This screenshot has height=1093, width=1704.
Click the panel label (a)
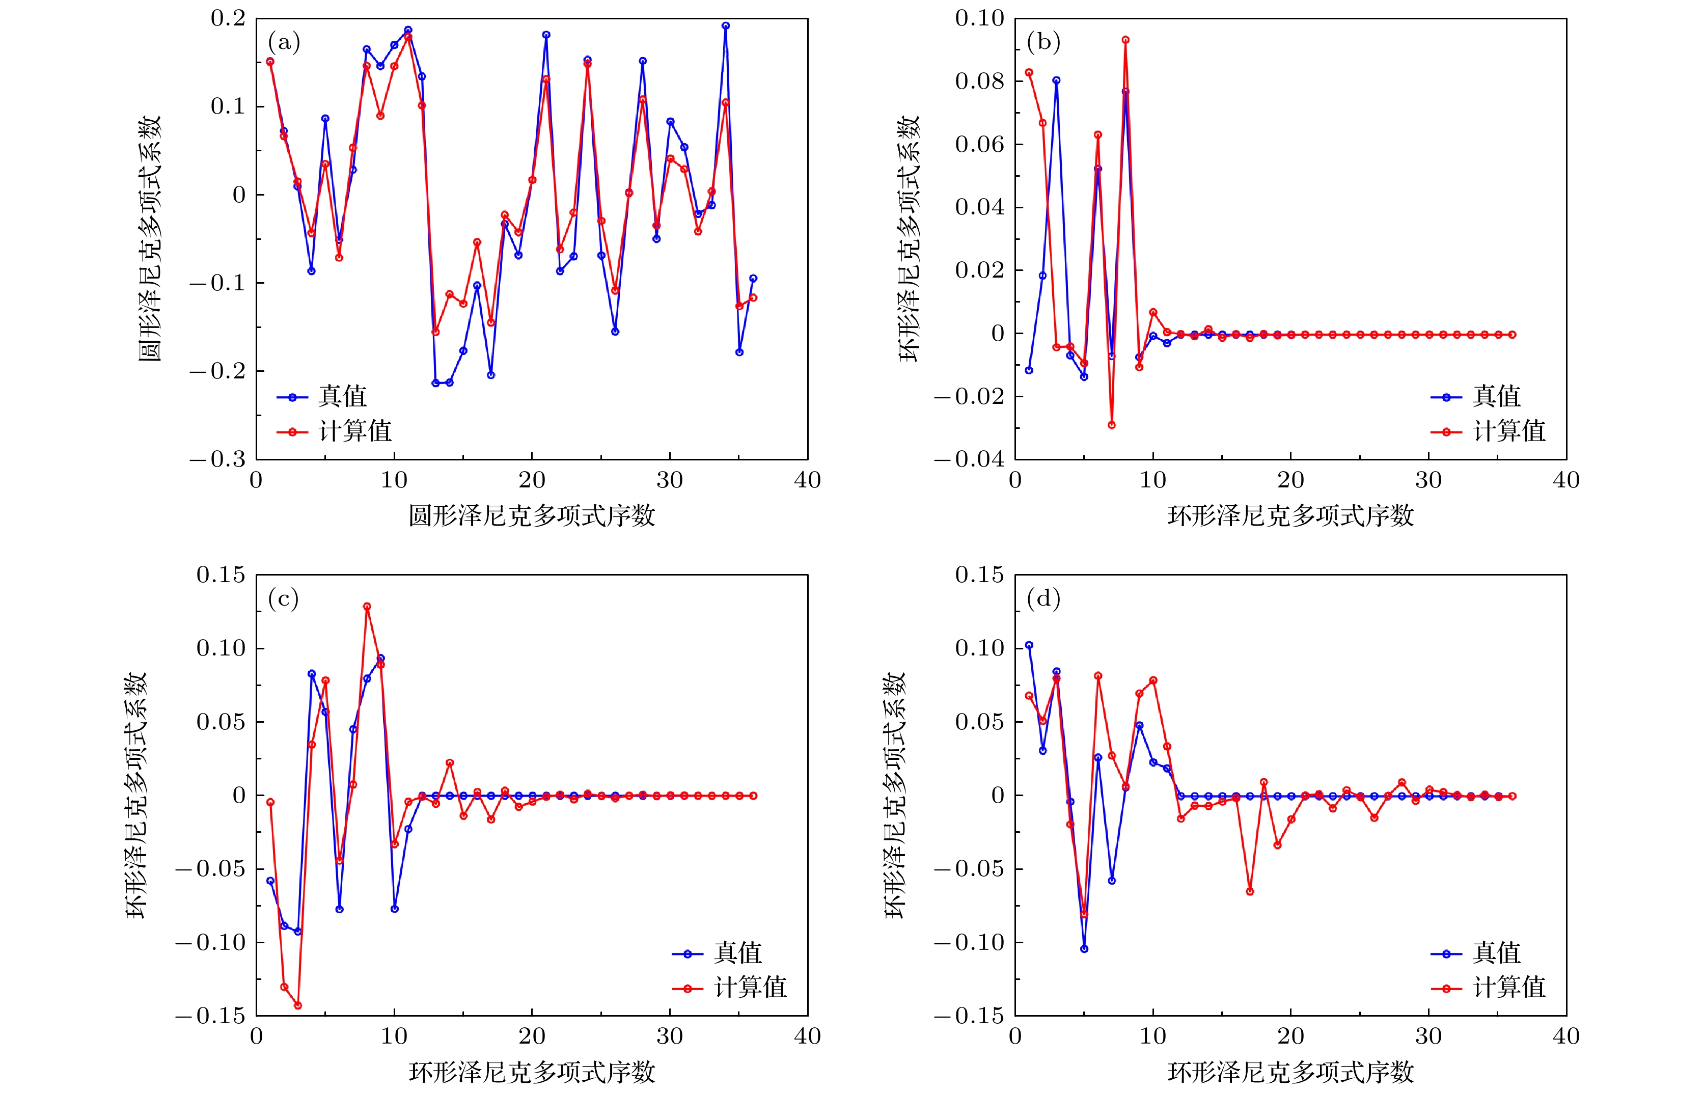coord(284,43)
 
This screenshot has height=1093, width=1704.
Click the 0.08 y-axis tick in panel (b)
coord(979,81)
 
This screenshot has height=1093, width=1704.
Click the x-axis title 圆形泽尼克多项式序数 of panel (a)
coord(532,516)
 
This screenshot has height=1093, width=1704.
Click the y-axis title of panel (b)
coord(909,239)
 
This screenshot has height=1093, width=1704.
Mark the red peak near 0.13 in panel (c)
coord(367,607)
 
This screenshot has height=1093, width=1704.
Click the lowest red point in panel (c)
coord(298,1005)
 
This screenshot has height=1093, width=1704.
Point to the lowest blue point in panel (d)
coord(1084,949)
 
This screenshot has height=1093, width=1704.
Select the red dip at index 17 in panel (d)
coord(1250,891)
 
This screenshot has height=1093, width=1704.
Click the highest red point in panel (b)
coord(1125,40)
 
